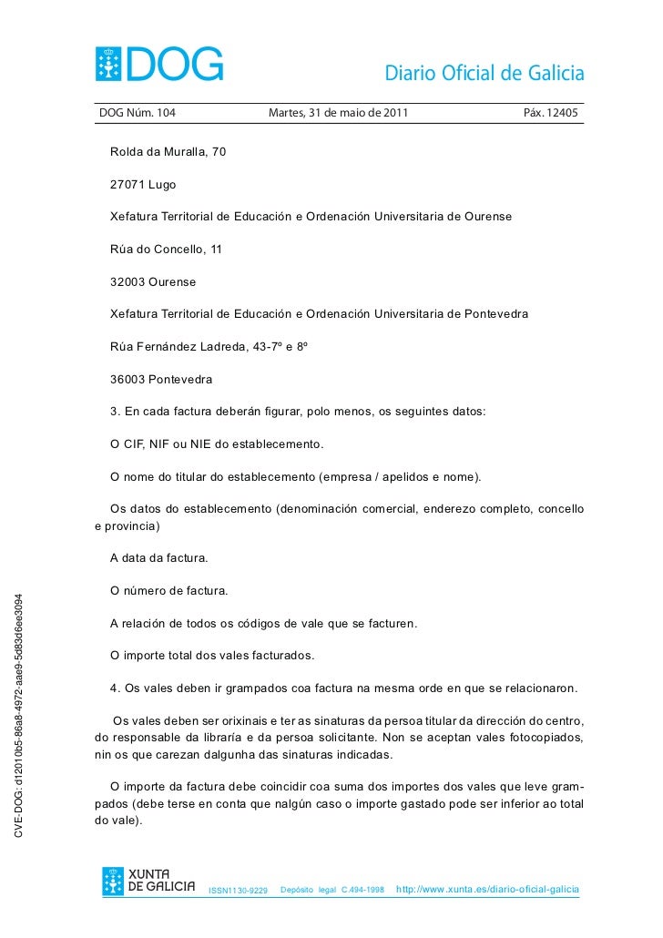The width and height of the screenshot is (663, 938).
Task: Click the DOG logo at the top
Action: (159, 64)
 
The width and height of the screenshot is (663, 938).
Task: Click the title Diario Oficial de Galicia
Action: (484, 74)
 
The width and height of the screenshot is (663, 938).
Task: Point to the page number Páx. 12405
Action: (550, 114)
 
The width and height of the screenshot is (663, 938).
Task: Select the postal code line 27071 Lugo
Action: (143, 184)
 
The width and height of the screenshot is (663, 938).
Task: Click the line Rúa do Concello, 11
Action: (166, 249)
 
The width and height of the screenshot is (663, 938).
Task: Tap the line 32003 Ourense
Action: (153, 281)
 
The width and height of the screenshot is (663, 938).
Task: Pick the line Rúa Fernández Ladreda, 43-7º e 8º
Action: (209, 346)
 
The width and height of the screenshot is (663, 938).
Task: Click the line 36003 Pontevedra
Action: (162, 379)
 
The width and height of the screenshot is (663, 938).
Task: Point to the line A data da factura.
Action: (158, 557)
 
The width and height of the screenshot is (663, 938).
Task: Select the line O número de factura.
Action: (168, 591)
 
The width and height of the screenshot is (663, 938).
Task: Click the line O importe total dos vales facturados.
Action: (212, 656)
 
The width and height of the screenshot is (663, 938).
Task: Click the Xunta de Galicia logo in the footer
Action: (148, 882)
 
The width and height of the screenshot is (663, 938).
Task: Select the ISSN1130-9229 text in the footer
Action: (239, 890)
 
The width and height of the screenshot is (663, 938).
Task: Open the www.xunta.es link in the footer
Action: (487, 889)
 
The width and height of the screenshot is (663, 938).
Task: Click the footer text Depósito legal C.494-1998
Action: (332, 890)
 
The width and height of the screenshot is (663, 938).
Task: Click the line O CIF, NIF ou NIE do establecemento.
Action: (217, 444)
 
